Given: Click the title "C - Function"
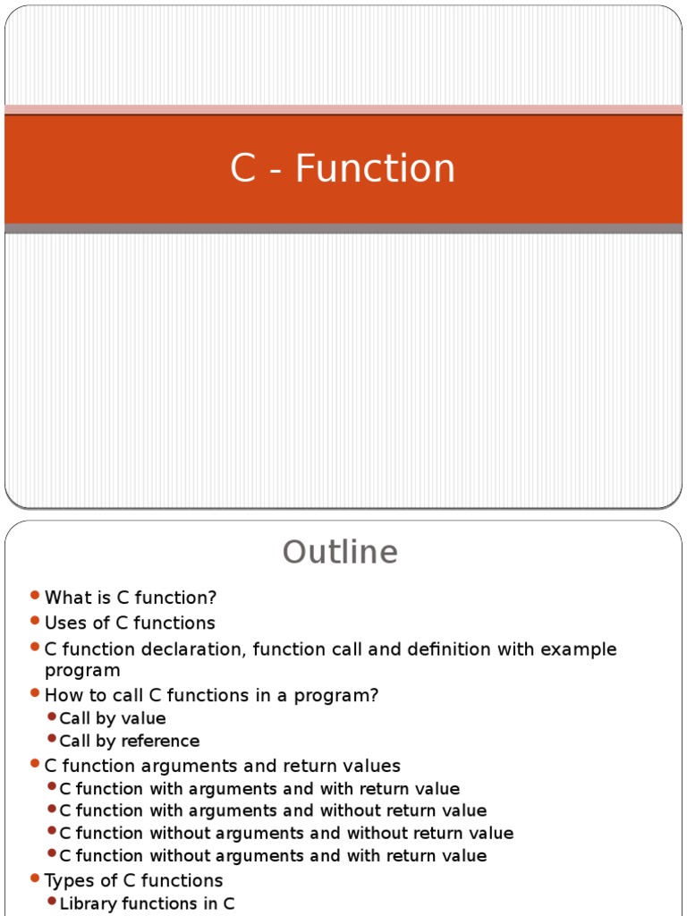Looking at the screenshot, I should [343, 169].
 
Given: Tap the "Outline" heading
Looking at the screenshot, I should [341, 552].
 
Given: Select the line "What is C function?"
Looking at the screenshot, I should [131, 598].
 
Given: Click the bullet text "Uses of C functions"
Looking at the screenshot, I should [130, 623].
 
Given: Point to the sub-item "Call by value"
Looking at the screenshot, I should [113, 718].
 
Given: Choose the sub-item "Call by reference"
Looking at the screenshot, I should [130, 741].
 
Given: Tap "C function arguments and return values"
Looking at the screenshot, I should [223, 766].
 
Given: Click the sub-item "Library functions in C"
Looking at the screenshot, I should [148, 903].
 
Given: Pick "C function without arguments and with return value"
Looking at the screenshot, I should [273, 856].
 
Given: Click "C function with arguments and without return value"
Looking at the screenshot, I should [273, 810].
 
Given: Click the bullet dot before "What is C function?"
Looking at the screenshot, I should [35, 596].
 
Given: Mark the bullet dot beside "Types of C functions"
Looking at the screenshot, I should [35, 878].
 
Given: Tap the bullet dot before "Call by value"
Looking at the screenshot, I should [52, 717].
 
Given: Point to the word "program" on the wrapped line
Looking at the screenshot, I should [82, 670].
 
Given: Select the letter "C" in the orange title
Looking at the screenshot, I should [243, 169].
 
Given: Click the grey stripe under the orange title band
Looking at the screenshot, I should [343, 229].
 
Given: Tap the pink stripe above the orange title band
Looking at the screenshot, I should [343, 109].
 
